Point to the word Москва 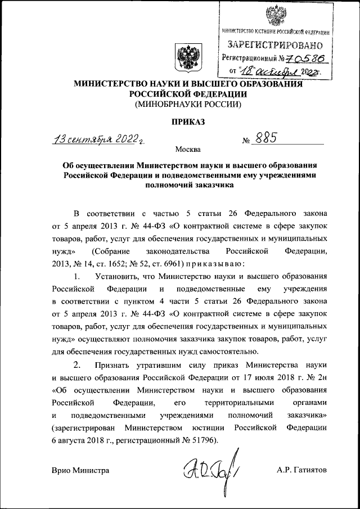click(187, 150)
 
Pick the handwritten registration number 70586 click(306, 58)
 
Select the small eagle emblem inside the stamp click(275, 13)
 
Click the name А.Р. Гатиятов click(301, 470)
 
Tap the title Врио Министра click(80, 470)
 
